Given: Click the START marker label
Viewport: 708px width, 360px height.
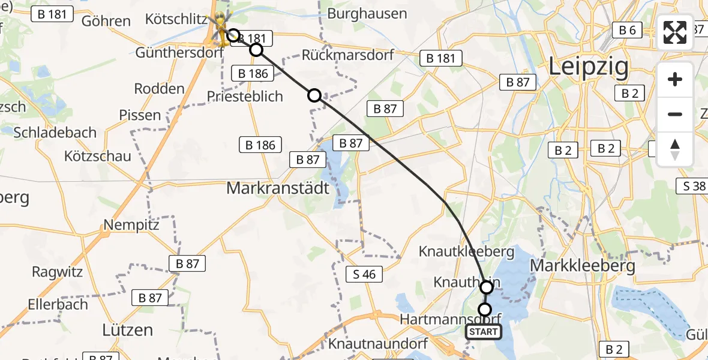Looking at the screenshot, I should [484, 332].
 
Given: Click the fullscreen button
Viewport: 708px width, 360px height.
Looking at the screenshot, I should [675, 32].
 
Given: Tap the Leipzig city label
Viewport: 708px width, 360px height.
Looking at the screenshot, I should [589, 67].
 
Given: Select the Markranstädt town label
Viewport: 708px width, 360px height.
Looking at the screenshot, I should [278, 188].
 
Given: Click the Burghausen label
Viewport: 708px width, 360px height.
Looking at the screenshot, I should [367, 13].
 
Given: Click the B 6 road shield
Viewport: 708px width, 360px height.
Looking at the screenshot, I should [627, 30].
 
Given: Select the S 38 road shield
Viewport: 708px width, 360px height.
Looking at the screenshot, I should [694, 186].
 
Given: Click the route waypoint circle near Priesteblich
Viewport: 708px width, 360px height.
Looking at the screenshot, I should [314, 95].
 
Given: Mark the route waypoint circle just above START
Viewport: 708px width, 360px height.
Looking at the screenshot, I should [484, 310].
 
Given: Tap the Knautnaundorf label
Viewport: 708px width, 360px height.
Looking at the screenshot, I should [377, 344].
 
